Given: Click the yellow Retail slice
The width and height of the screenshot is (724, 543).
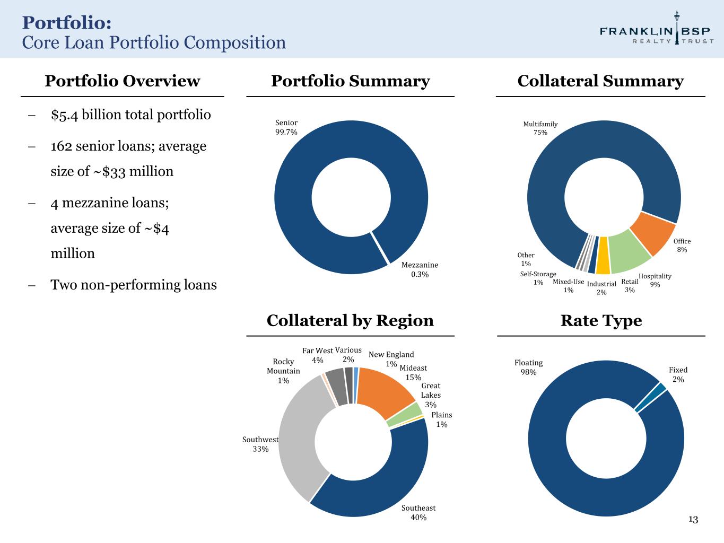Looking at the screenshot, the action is (x=604, y=255).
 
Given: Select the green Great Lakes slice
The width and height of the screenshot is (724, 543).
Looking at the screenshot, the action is (x=405, y=415).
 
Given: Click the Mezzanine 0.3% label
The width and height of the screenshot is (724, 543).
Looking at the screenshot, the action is (x=420, y=269).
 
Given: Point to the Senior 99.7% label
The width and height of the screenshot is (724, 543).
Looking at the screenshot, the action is (x=286, y=127).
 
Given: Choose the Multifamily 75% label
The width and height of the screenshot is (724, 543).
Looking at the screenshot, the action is (x=540, y=128).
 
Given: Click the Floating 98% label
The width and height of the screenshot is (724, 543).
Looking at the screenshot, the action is (x=528, y=367).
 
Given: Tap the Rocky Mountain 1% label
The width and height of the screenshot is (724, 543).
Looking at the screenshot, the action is (x=283, y=371).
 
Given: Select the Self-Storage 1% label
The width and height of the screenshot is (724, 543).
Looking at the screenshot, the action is (x=538, y=278).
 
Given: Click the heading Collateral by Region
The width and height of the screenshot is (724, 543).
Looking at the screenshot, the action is (x=350, y=321).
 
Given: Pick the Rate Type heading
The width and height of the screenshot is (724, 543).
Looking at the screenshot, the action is (x=601, y=321).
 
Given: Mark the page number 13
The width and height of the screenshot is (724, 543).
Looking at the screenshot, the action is (x=693, y=519).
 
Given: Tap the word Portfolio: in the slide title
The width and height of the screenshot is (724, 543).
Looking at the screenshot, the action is (x=67, y=23).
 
